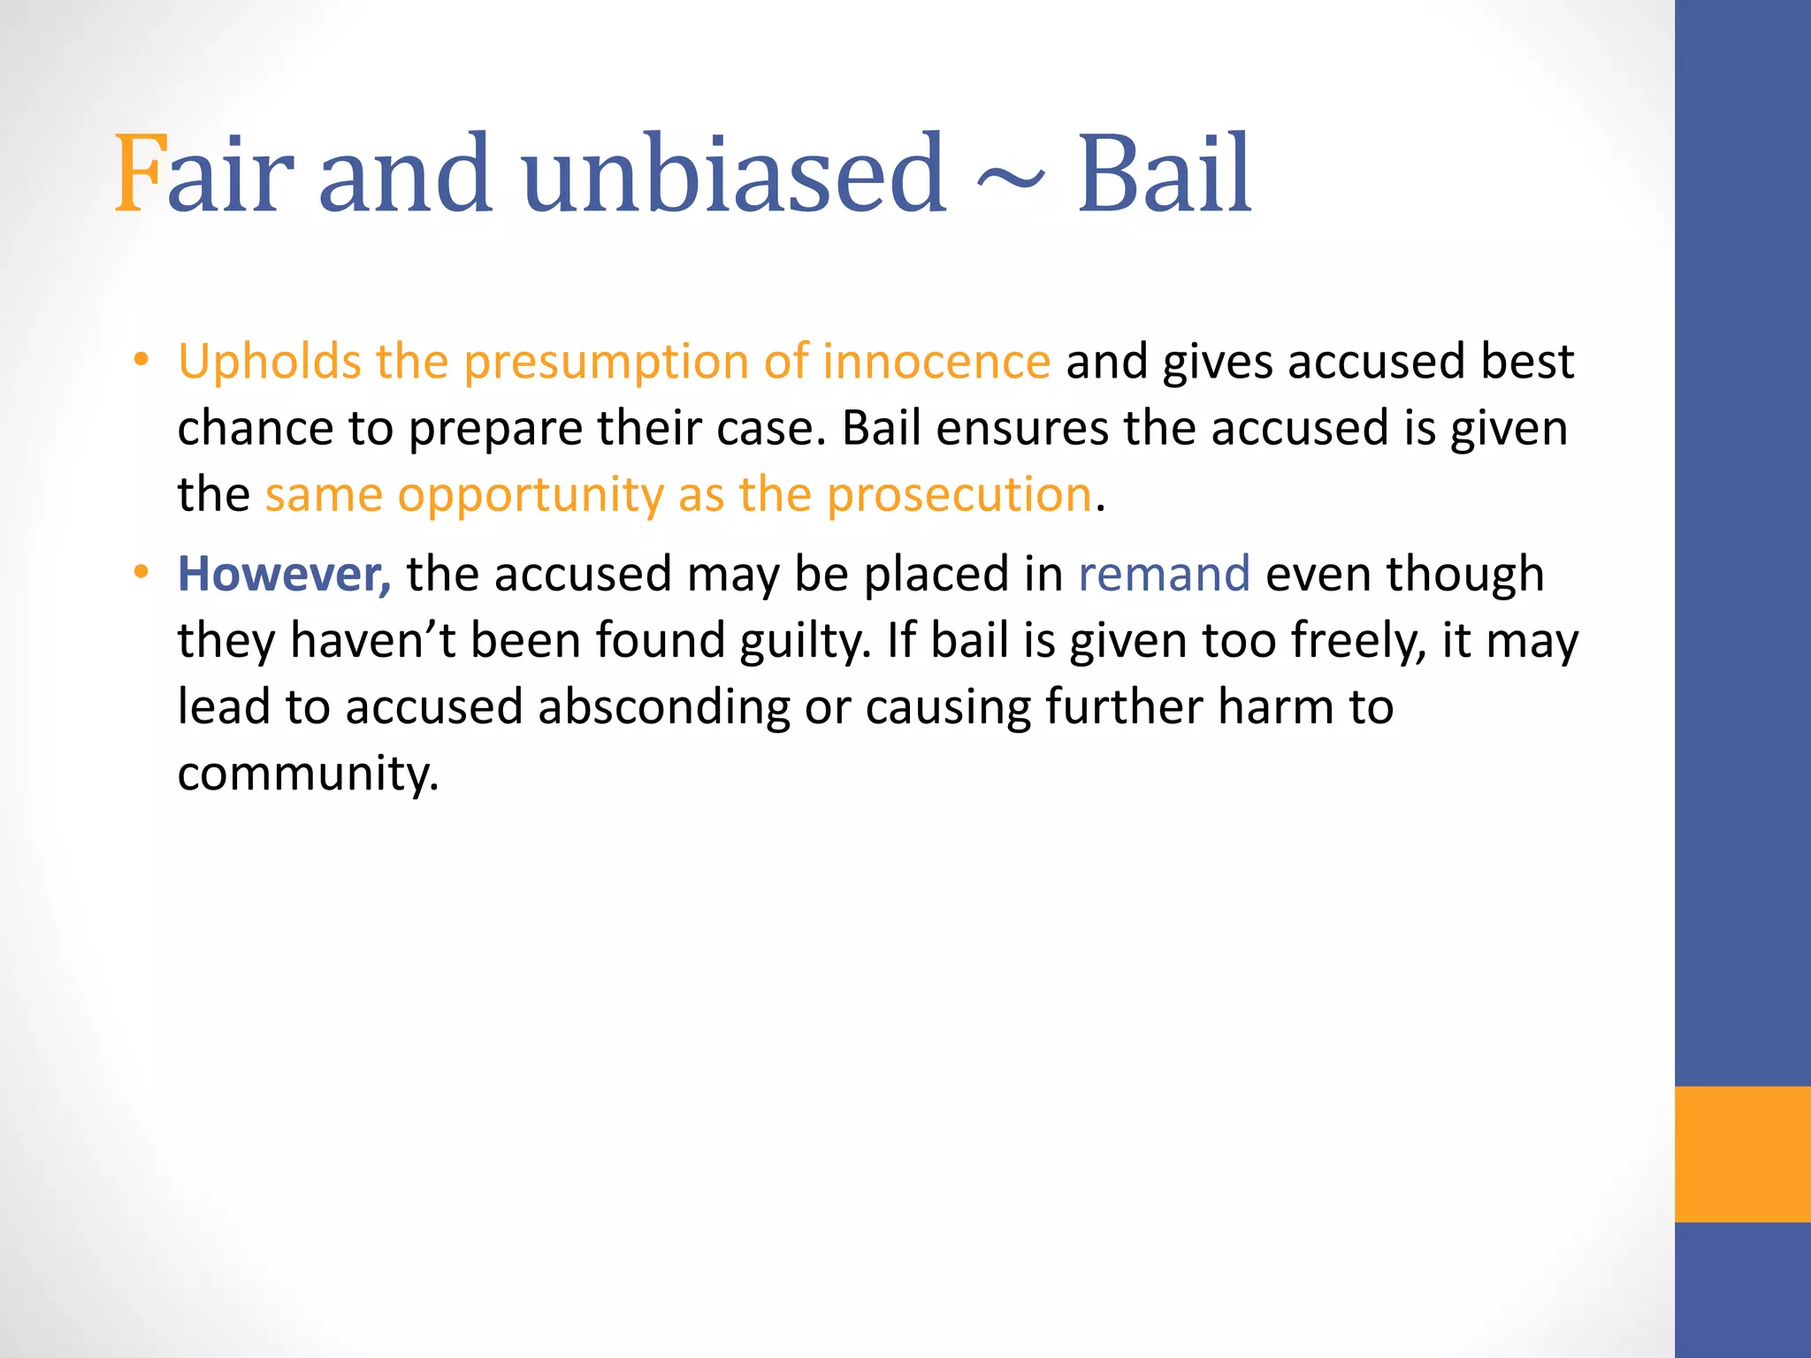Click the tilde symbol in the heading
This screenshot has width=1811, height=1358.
(1010, 179)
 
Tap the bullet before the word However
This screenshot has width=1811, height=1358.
(141, 572)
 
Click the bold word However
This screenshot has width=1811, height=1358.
(283, 574)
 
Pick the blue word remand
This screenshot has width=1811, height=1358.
(1164, 574)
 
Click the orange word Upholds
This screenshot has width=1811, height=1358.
(269, 362)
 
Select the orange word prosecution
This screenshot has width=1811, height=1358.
(959, 494)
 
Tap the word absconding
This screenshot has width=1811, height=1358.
(663, 707)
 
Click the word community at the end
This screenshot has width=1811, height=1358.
(307, 774)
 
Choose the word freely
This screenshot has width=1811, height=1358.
(1358, 642)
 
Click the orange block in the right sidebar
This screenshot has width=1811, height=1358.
(1742, 1154)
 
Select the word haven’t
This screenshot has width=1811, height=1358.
(372, 640)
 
